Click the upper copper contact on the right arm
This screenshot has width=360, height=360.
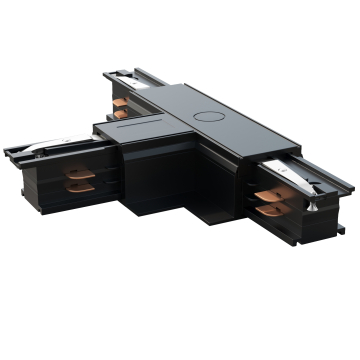pos(268,196)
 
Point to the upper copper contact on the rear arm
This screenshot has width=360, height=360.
pos(121,101)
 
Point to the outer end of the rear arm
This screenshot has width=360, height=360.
pos(108,76)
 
